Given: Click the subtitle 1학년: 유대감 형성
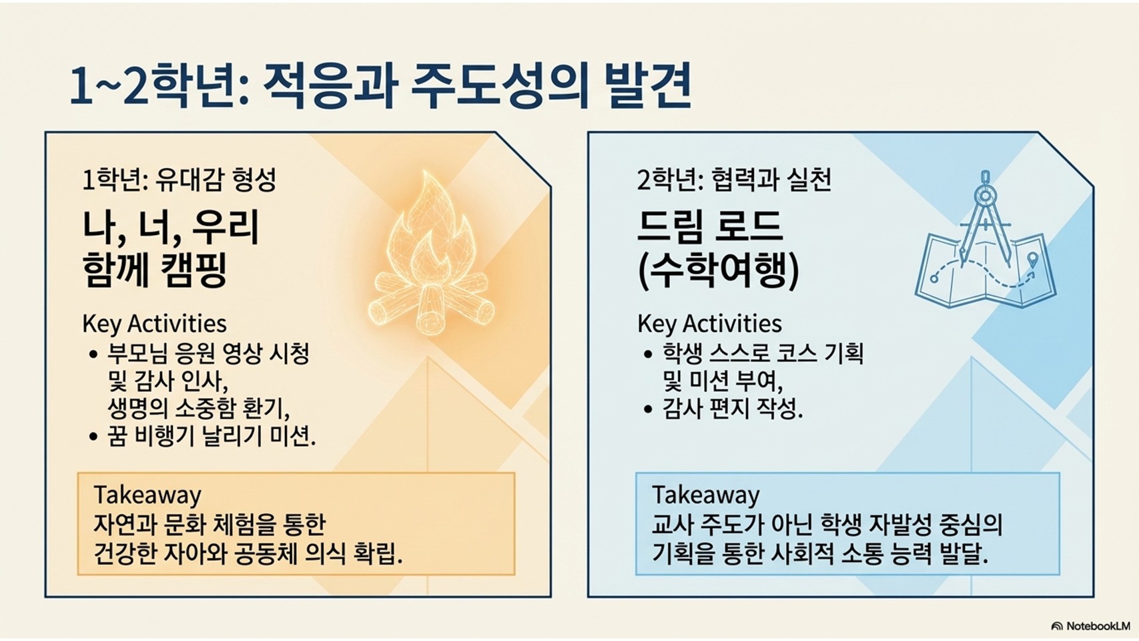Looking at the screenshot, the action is pyautogui.click(x=179, y=180).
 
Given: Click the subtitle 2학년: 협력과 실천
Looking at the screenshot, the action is pyautogui.click(x=734, y=180).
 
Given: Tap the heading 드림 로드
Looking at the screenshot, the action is pyautogui.click(x=710, y=227).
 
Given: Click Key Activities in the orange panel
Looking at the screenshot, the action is pyautogui.click(x=155, y=325).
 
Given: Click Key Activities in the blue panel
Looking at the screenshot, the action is pyautogui.click(x=710, y=325).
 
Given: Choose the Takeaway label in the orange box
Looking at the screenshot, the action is pyautogui.click(x=147, y=495).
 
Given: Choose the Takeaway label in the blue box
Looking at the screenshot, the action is pyautogui.click(x=706, y=495).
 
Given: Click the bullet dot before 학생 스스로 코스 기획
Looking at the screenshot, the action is pyautogui.click(x=648, y=354).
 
